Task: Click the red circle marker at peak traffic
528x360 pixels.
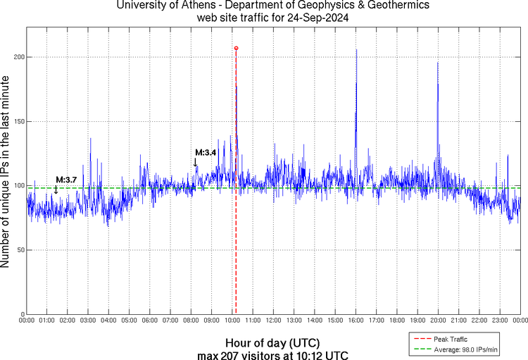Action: point(236,48)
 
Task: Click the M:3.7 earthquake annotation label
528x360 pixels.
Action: point(66,180)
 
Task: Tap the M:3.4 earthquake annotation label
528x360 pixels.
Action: point(206,152)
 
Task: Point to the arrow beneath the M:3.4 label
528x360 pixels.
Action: point(196,163)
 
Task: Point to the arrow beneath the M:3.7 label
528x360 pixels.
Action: point(56,189)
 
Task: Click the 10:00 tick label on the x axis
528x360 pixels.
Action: point(232,321)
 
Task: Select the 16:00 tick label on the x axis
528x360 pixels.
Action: point(356,321)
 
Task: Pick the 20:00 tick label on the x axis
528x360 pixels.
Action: point(438,321)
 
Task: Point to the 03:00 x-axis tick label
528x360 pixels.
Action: point(88,321)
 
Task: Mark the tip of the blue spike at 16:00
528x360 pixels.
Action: point(356,49)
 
